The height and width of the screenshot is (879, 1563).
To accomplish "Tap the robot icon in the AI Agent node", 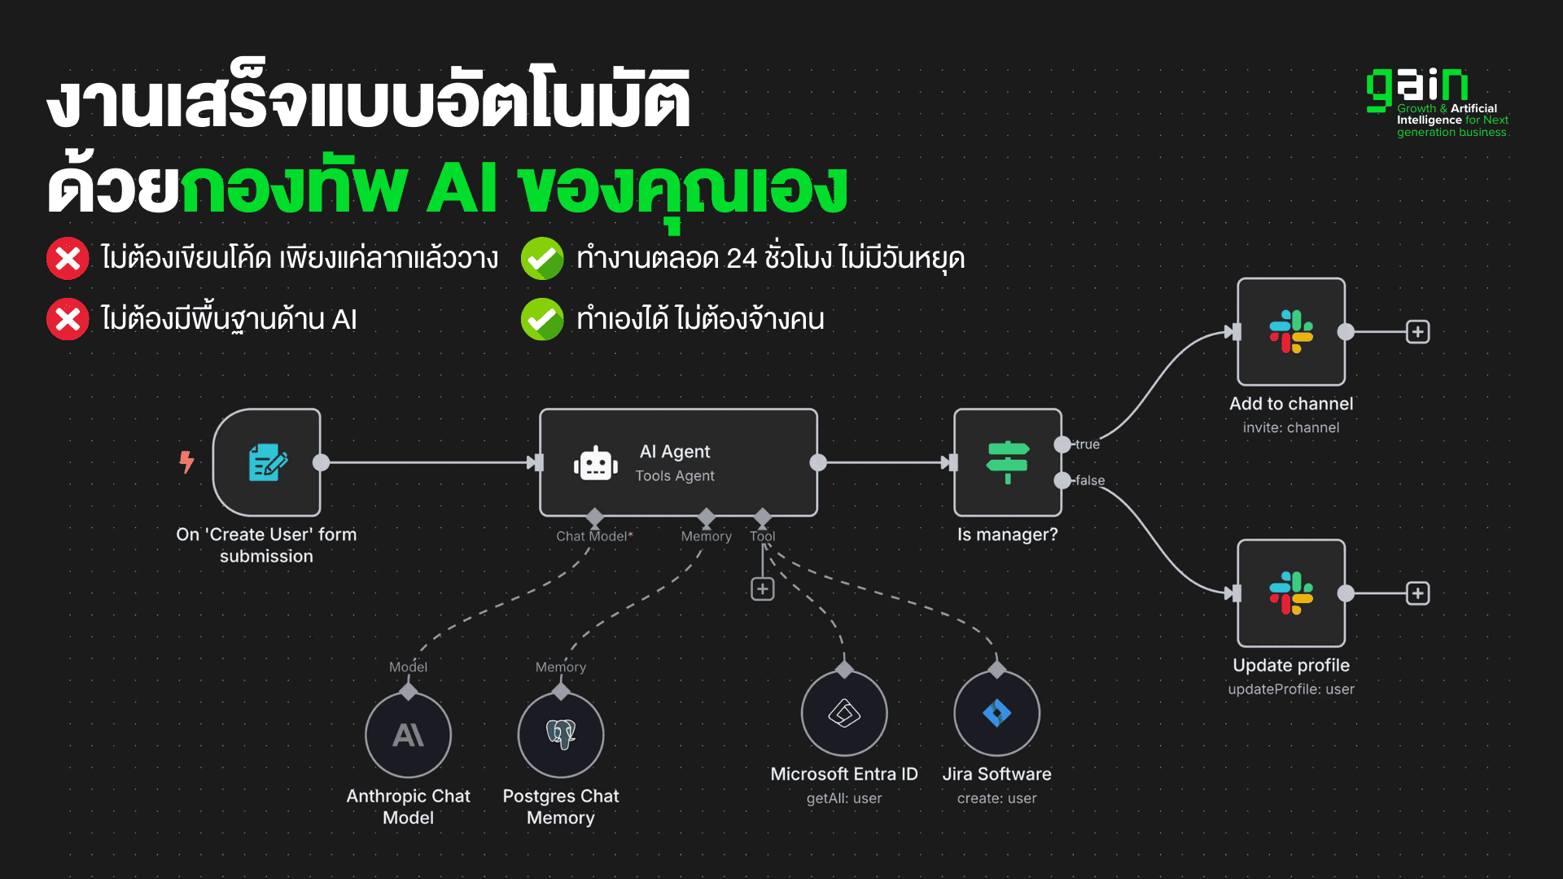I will [x=595, y=464].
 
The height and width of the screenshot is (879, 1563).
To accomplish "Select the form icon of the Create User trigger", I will [x=267, y=462].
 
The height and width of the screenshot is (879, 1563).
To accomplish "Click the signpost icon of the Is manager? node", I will [x=1008, y=461].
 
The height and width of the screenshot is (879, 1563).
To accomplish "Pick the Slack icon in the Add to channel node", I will [x=1291, y=331].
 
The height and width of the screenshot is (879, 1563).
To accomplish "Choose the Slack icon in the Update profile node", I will [x=1291, y=593].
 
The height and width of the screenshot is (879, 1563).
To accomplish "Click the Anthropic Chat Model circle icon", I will [x=408, y=735].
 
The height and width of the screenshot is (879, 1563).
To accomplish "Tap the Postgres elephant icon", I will [x=561, y=734].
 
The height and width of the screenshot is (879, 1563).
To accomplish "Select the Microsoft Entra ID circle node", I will [x=844, y=714].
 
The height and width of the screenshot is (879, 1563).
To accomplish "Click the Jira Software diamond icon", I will [x=996, y=714].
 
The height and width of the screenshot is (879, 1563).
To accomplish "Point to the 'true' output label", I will [x=1088, y=444].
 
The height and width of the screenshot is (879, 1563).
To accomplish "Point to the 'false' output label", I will [x=1090, y=480].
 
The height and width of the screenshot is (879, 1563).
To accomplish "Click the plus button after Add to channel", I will [x=1418, y=332].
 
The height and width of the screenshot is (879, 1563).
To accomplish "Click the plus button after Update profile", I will [x=1418, y=593].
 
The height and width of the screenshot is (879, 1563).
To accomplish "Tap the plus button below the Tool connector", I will [x=762, y=589].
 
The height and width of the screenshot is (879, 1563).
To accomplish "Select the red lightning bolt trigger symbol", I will [x=187, y=461].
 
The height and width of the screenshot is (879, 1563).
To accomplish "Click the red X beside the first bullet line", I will [x=68, y=259].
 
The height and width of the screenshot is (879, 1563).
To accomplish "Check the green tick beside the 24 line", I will [x=542, y=259].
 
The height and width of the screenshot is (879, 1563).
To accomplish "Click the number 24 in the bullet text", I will [x=741, y=259].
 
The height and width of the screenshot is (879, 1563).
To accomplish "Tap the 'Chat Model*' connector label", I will [x=594, y=536].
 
